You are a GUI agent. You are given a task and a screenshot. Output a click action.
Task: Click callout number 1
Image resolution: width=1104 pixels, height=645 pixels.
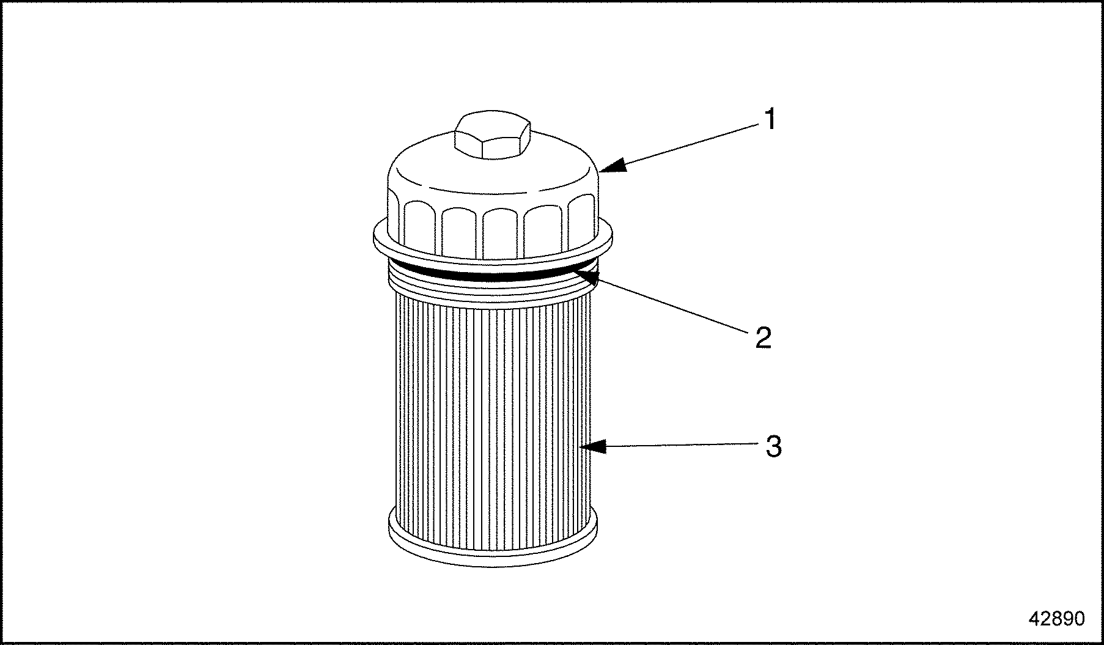pos(770,119)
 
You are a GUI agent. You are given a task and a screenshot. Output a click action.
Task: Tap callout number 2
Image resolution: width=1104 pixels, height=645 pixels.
pos(763,337)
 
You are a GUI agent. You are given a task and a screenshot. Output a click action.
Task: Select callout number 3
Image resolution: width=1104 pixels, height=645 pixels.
pos(774,446)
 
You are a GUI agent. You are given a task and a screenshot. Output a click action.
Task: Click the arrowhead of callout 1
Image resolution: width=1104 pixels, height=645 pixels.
pos(613,165)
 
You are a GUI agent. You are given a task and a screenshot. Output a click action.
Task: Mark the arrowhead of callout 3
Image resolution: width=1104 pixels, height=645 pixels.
pos(592,447)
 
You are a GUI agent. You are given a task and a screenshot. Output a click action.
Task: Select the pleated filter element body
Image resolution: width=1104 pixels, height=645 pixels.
pos(492,416)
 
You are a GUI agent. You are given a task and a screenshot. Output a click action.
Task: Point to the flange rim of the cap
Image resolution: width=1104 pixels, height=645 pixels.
pos(493,245)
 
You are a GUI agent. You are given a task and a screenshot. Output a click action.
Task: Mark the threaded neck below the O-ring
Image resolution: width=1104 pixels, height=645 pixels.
pos(493,287)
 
